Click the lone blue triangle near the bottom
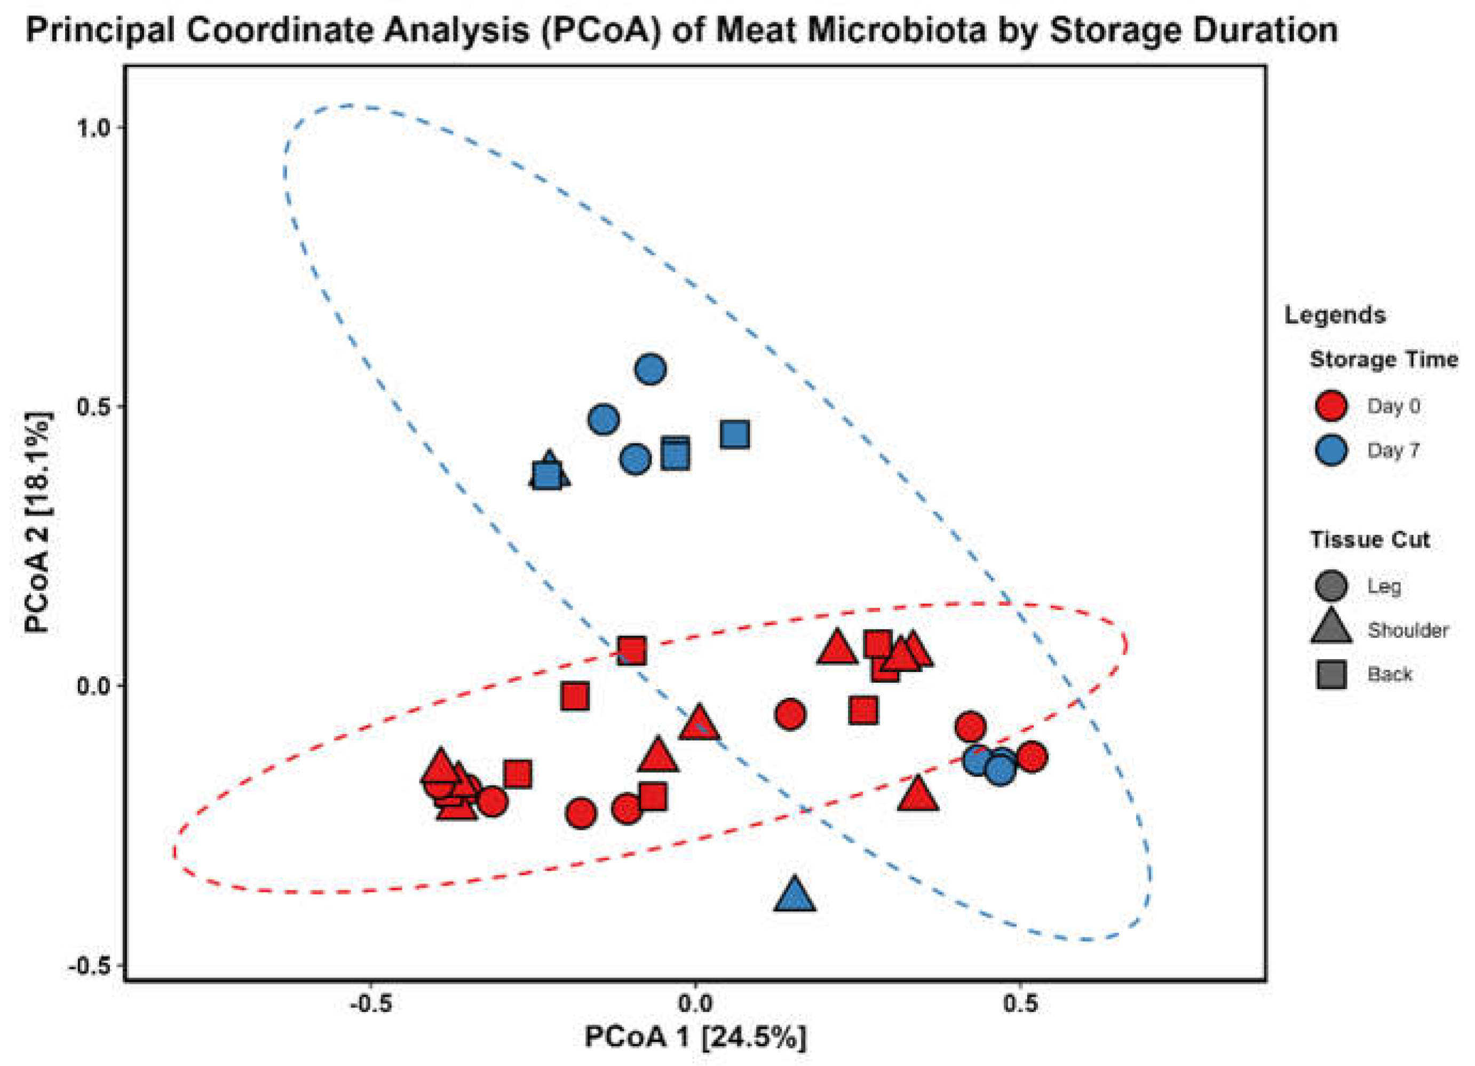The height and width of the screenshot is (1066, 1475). (794, 894)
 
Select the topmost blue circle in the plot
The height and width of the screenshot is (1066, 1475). (651, 369)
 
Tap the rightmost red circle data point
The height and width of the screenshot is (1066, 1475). (1032, 756)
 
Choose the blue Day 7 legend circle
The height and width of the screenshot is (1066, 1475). (1330, 450)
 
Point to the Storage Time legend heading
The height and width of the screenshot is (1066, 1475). (1383, 360)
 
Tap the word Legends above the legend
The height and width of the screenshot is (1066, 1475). (1335, 315)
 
